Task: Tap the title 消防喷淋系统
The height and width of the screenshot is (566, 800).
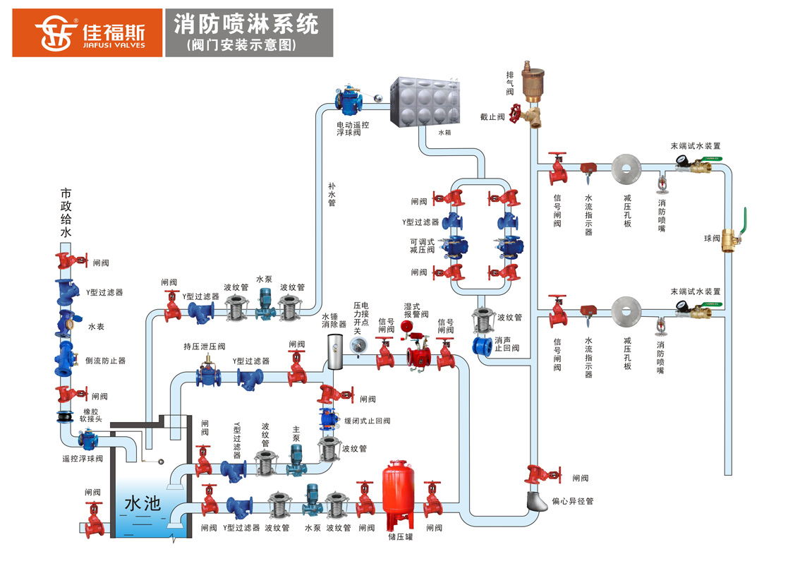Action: point(246,25)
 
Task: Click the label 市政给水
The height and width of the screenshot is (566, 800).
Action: point(66,212)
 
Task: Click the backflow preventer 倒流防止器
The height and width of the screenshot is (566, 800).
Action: point(66,359)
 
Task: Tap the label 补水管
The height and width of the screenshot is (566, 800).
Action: point(332,194)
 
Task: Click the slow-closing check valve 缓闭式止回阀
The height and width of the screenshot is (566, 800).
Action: point(328,419)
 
